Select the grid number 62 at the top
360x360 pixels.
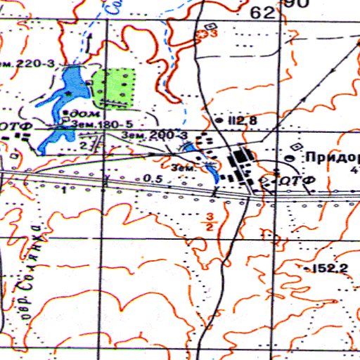(x=261, y=13)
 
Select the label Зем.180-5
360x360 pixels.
(x=102, y=122)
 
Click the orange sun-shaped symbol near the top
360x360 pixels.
(x=205, y=34)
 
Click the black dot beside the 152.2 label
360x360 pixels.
(x=308, y=268)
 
